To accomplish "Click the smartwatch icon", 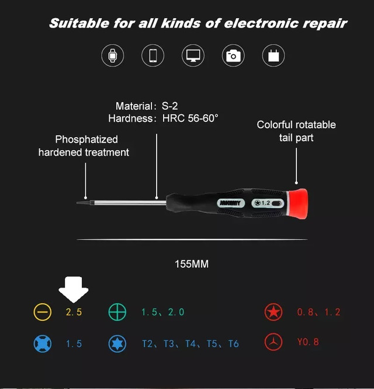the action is pos(113,55).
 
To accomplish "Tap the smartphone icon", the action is pos(153,55).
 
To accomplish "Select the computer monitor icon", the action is pos(193,55).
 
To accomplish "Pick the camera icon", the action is pos(233,56).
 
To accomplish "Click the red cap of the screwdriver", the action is pos(298,204).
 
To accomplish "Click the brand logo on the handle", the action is pos(230,203).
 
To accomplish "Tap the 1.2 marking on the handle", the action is pos(266,203).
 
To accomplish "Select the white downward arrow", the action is pos(74,289).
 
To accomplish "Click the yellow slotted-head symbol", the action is pos(43,312).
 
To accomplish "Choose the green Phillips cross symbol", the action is pos(117,312).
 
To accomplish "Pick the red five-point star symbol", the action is pos(273,312).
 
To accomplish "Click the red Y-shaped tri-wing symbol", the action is pos(273,342).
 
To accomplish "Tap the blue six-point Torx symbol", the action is pos(117,344).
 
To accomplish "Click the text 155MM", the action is pos(192,264).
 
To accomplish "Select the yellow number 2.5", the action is pos(74,312).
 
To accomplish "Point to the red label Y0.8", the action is pos(308,342).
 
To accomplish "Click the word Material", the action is pos(134,106).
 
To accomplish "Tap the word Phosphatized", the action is pos(86,139).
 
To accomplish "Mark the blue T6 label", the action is pos(234,344).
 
